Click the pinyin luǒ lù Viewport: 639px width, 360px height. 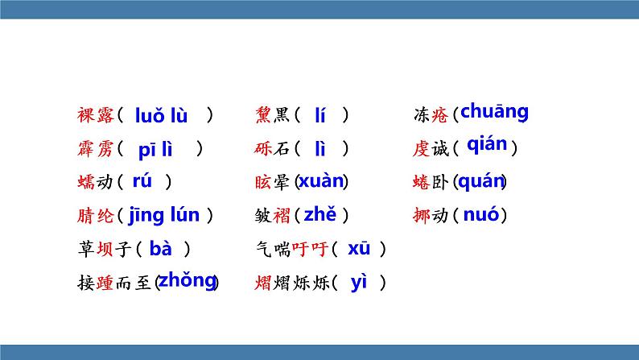click(161, 116)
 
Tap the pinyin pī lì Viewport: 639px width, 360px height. click(155, 149)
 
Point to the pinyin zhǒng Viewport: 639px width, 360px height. click(188, 280)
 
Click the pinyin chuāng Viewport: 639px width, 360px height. click(494, 112)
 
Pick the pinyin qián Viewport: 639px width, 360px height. click(487, 145)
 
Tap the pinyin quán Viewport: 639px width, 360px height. click(480, 182)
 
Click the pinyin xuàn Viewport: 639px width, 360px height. click(321, 181)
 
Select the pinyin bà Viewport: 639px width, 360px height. click(160, 249)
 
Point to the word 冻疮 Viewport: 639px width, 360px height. click(430, 116)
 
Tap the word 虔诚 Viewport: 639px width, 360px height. click(430, 149)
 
